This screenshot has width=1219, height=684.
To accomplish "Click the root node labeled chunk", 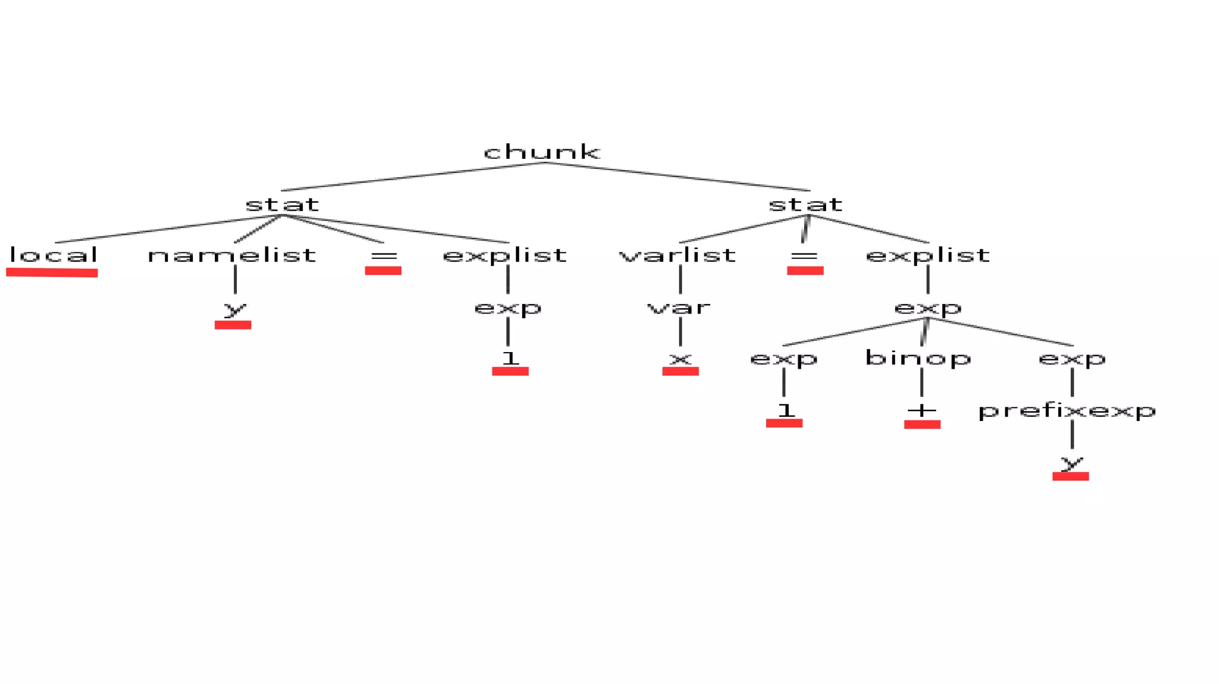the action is click(x=542, y=152).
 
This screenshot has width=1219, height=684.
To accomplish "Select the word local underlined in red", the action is click(x=53, y=255).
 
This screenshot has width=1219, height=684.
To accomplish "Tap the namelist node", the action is click(x=232, y=255).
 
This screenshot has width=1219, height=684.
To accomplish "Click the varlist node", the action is click(x=677, y=255).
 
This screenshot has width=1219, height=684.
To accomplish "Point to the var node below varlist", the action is click(x=679, y=308).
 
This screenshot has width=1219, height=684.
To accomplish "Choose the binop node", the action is click(x=918, y=358).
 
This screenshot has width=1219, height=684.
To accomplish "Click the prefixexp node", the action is click(x=1067, y=410).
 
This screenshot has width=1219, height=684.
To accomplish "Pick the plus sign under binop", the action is click(x=922, y=410).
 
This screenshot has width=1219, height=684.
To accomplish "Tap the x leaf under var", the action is click(x=680, y=359).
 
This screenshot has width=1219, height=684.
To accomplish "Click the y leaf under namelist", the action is click(x=235, y=309).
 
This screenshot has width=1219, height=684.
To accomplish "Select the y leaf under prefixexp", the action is click(x=1071, y=462).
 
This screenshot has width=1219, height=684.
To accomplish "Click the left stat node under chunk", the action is click(x=282, y=205).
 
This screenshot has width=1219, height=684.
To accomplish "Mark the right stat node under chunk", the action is click(x=805, y=205).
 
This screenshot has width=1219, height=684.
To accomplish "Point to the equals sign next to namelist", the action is click(x=383, y=256).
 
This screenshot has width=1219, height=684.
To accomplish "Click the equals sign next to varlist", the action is click(x=804, y=256).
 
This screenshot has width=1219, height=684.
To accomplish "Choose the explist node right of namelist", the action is click(x=505, y=255).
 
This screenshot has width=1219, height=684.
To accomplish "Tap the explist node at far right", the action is click(x=927, y=255).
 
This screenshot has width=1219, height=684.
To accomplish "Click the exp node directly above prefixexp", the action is click(x=1072, y=359).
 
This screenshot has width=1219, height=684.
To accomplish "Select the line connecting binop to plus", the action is click(x=921, y=382).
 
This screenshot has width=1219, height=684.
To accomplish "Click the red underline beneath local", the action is click(x=52, y=272).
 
